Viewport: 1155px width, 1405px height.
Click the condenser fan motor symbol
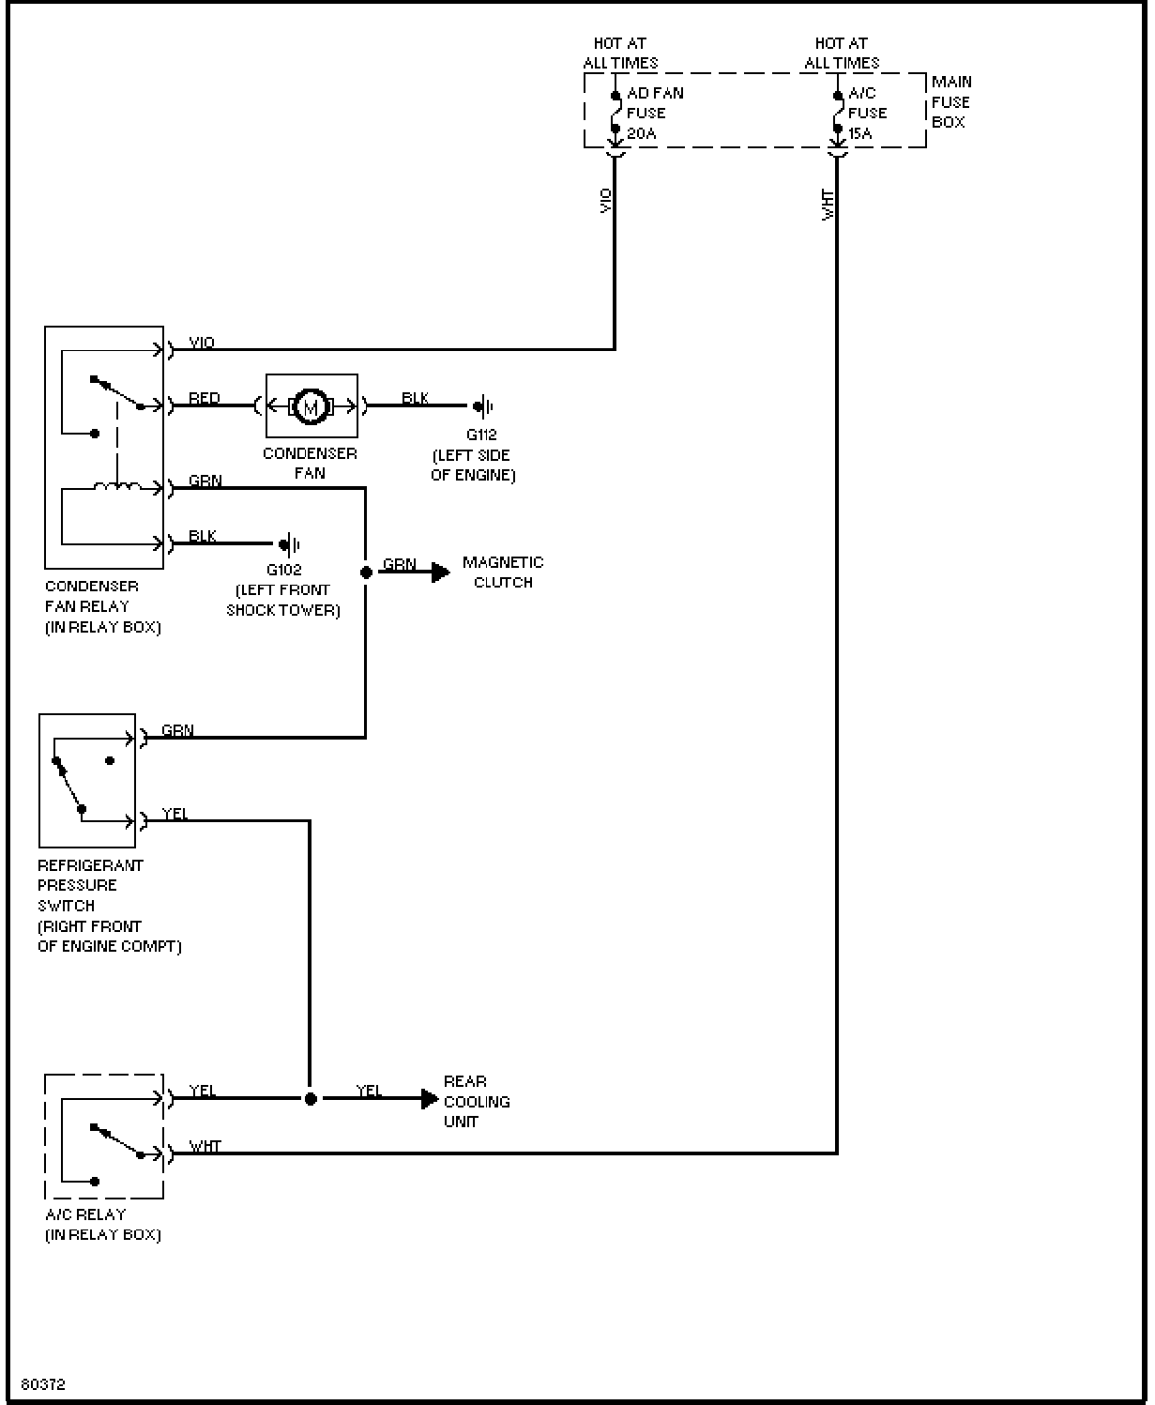(x=311, y=405)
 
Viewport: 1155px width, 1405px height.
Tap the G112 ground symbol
(x=483, y=405)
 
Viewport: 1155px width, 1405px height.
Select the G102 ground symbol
(x=290, y=545)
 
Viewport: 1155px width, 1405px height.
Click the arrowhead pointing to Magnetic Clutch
(x=441, y=573)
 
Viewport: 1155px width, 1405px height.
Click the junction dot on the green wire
(x=366, y=573)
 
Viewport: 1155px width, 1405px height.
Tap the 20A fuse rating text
(x=642, y=134)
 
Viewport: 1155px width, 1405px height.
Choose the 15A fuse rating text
(x=860, y=134)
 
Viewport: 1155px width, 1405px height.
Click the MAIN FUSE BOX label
(x=951, y=102)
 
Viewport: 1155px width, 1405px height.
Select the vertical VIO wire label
(x=605, y=201)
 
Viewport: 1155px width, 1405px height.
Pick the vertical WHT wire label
(x=828, y=205)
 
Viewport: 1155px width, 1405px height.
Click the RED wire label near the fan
(x=204, y=398)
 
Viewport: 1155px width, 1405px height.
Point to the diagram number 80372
(x=43, y=1384)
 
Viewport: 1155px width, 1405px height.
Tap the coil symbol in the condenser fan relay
(x=117, y=486)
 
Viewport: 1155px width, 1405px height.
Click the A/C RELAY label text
(x=85, y=1214)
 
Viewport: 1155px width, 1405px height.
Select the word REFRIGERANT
(x=91, y=865)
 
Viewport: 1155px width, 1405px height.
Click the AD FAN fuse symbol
(x=615, y=112)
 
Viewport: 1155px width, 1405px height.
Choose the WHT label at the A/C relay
(x=205, y=1146)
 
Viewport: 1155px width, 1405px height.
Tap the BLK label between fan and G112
(x=415, y=398)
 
